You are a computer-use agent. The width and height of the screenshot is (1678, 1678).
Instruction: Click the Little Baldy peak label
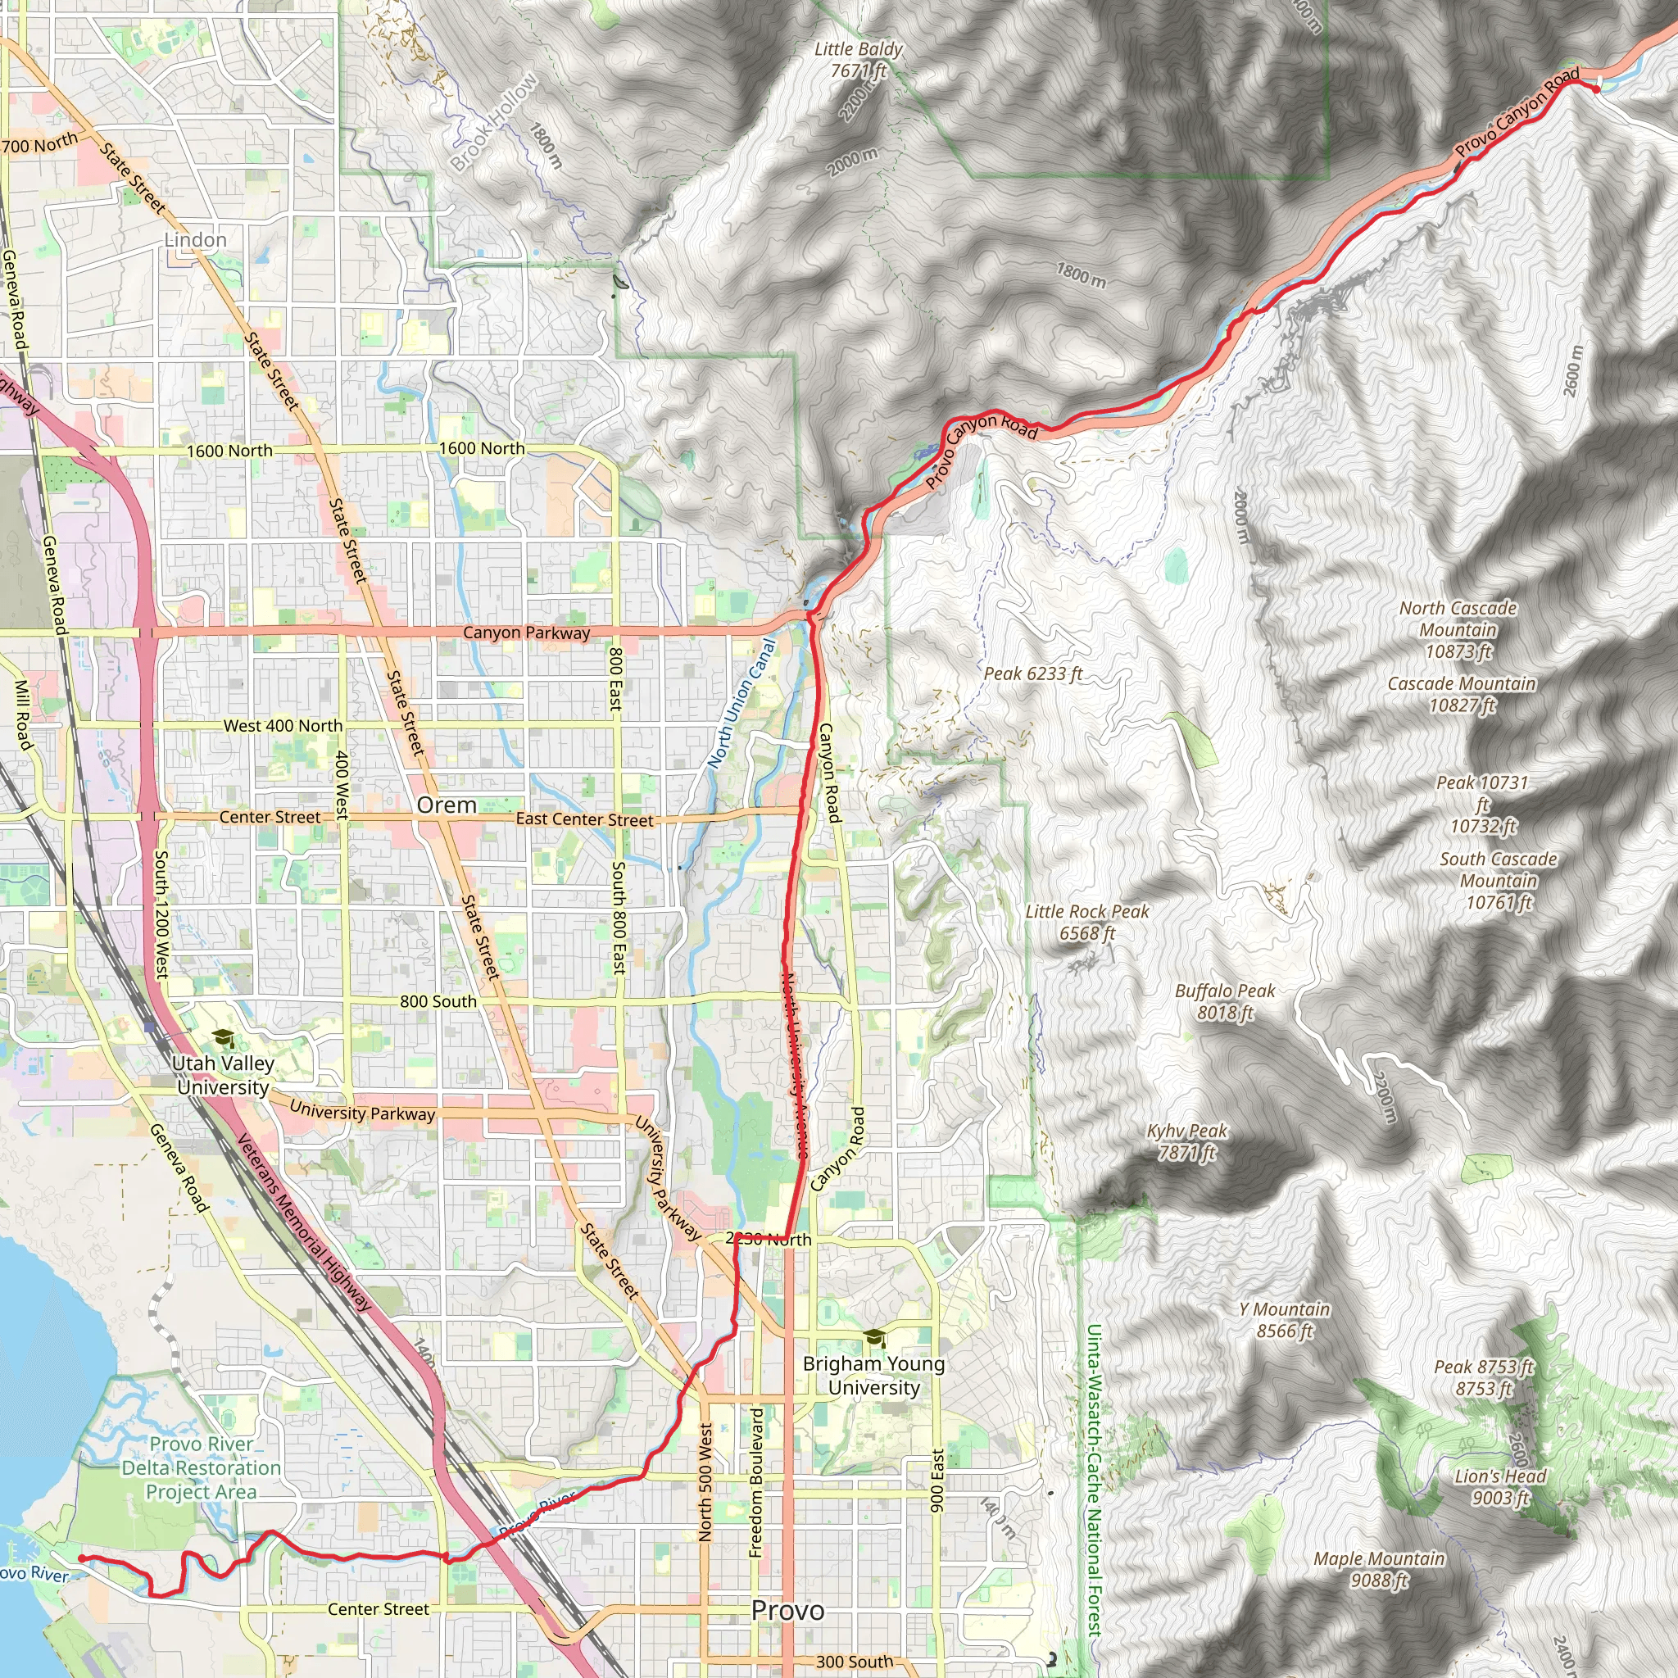(858, 60)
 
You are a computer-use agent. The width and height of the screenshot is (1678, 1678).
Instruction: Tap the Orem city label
(447, 805)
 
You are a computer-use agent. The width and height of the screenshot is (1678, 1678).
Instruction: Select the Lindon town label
(196, 240)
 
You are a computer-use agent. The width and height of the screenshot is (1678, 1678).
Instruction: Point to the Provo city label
(787, 1609)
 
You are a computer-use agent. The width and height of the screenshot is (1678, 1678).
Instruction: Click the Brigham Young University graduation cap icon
(874, 1339)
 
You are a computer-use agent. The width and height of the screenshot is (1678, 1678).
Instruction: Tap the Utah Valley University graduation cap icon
(223, 1038)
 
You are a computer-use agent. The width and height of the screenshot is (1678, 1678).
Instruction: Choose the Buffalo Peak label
(1225, 1001)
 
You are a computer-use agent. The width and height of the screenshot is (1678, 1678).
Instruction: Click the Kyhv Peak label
(1186, 1141)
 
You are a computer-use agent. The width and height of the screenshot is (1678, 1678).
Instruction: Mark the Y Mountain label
(1285, 1319)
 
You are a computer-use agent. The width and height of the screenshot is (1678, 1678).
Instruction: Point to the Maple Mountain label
(1378, 1568)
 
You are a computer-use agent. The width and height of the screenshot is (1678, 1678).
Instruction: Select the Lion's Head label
(1500, 1486)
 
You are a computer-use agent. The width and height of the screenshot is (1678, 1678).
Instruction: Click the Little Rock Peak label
(1086, 922)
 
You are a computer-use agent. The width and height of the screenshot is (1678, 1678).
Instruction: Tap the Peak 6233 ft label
(1032, 674)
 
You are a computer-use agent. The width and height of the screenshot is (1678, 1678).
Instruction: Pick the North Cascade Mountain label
(1458, 630)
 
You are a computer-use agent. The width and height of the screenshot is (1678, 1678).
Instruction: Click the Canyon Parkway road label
(525, 633)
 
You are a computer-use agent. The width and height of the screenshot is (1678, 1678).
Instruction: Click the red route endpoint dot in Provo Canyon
(1596, 88)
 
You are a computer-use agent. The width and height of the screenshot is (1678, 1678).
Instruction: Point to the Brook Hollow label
(494, 122)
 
